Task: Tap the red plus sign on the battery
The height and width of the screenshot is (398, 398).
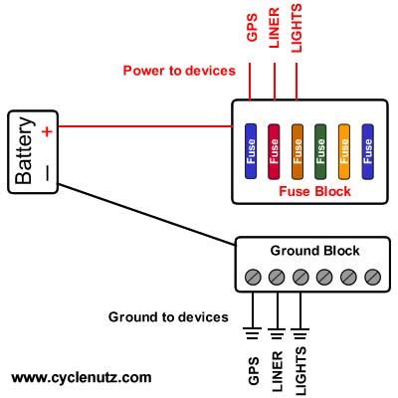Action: point(47,128)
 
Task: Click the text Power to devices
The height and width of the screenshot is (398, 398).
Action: point(179,71)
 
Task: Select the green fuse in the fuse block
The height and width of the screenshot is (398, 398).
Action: point(320,149)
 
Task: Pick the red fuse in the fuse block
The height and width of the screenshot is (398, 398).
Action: point(274,149)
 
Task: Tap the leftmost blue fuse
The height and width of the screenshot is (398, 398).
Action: point(251,149)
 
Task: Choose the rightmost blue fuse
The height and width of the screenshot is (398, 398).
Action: point(368,149)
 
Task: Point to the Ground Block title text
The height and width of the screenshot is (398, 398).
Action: point(314,251)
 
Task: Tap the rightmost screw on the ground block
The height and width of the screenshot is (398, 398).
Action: point(373,276)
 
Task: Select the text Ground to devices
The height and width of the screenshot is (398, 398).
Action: point(169,317)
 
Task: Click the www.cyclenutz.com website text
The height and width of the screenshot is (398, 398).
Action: point(82,378)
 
